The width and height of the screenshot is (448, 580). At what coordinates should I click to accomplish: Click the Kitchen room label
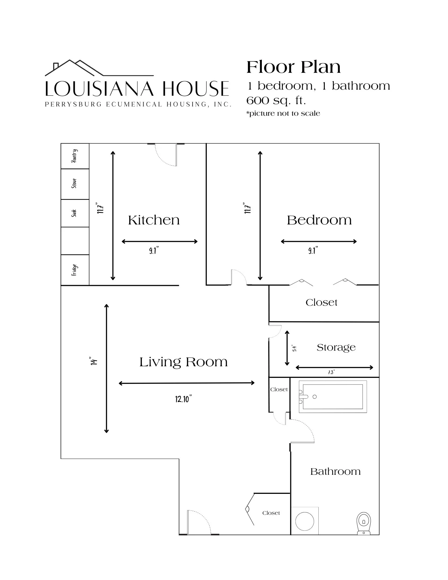[x=154, y=220]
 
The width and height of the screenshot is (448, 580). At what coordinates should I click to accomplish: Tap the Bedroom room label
[x=319, y=220]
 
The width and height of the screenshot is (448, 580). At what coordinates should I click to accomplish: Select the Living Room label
[x=184, y=362]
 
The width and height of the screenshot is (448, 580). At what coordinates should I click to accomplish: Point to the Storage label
[x=336, y=347]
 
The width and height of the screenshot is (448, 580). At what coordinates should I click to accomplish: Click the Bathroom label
[x=335, y=471]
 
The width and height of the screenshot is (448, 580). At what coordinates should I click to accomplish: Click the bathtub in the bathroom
[x=333, y=396]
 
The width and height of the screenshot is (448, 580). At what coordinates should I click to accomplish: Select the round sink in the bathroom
[x=304, y=521]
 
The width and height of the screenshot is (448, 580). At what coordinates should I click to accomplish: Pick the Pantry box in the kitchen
[x=75, y=156]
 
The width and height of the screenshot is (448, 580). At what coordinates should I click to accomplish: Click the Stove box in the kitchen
[x=75, y=184]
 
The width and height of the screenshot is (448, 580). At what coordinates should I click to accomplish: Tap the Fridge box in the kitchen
[x=75, y=270]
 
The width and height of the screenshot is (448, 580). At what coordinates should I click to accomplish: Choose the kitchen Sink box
[x=75, y=213]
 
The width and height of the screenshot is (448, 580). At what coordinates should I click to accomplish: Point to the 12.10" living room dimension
[x=184, y=399]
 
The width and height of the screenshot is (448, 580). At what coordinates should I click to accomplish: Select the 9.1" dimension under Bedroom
[x=313, y=250]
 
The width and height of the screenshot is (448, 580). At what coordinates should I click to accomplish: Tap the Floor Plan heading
[x=293, y=67]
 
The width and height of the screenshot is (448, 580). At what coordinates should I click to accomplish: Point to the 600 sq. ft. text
[x=276, y=100]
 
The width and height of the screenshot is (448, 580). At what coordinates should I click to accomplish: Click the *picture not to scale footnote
[x=283, y=113]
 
